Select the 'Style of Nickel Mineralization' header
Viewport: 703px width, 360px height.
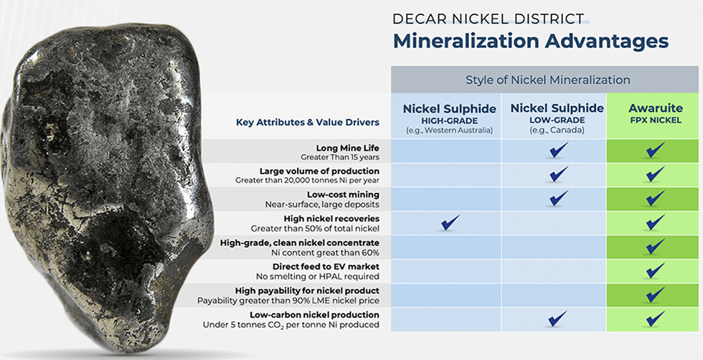(547, 80)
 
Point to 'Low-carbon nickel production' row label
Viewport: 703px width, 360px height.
(314, 316)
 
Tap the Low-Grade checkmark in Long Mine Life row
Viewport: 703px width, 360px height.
(558, 151)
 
